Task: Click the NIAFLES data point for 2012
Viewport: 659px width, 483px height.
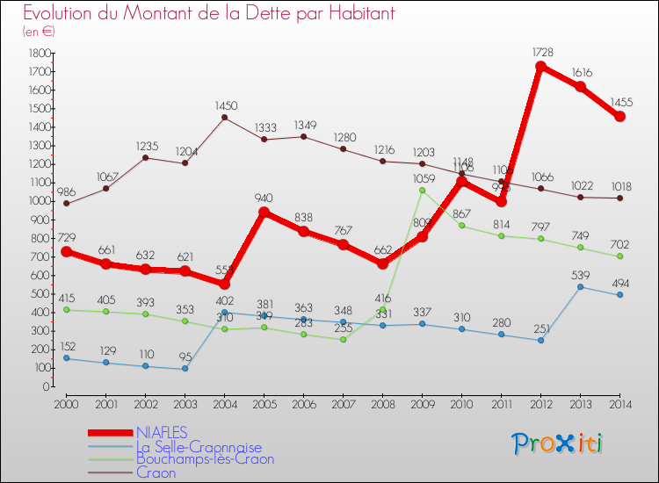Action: click(x=540, y=67)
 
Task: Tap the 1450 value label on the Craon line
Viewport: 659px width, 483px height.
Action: click(x=226, y=106)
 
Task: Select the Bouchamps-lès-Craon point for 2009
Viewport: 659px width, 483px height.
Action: click(x=422, y=190)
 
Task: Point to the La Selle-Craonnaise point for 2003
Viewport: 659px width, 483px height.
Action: click(x=185, y=369)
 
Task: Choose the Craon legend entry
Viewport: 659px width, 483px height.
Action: click(x=156, y=472)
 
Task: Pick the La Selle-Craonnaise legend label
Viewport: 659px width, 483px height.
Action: click(x=199, y=446)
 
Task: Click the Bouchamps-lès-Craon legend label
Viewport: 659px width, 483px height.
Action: click(x=205, y=459)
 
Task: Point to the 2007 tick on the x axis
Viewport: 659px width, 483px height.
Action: click(x=343, y=403)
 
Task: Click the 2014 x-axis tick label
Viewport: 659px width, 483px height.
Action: click(x=619, y=403)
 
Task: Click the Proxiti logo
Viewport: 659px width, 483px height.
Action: click(x=558, y=443)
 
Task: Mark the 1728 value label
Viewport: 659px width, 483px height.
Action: click(x=542, y=53)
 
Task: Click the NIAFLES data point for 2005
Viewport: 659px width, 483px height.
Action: click(x=264, y=212)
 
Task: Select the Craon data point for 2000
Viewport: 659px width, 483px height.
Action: click(x=66, y=204)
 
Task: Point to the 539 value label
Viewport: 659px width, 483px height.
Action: click(x=581, y=274)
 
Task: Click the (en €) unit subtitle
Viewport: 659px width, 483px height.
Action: click(x=39, y=32)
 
